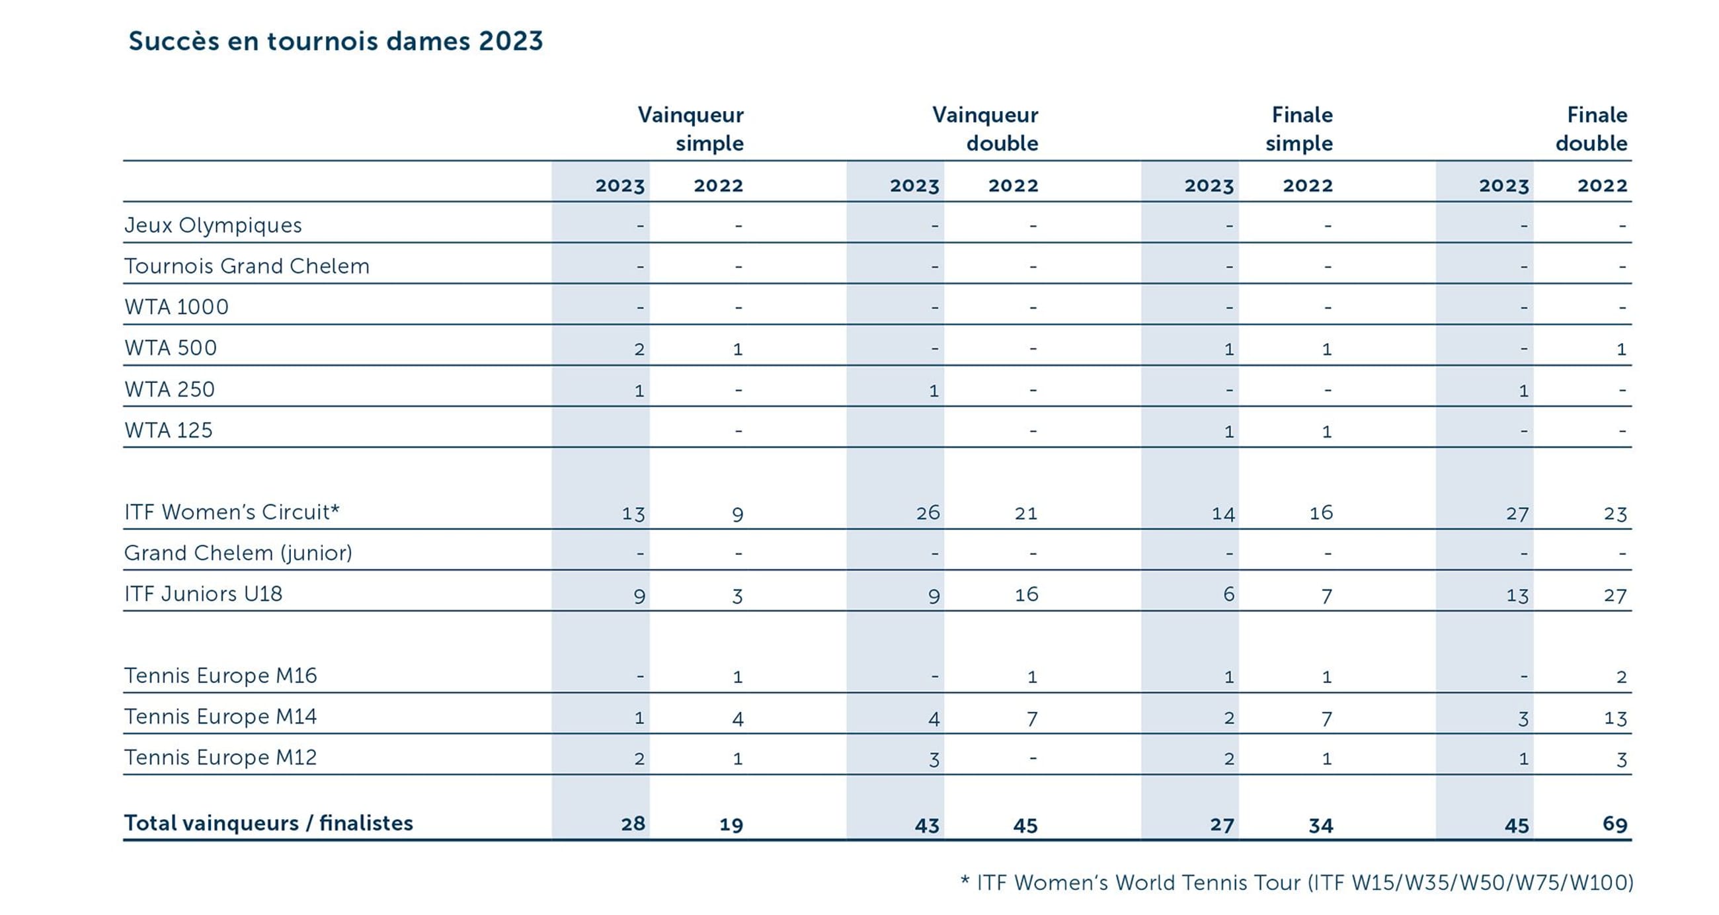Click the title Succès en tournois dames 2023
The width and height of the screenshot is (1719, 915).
(336, 42)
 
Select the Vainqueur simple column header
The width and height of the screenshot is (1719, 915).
(691, 129)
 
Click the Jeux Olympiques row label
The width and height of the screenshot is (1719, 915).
(213, 225)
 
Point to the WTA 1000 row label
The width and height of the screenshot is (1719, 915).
(176, 307)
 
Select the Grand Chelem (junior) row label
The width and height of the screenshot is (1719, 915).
(238, 553)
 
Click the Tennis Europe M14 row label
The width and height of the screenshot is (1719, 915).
(220, 717)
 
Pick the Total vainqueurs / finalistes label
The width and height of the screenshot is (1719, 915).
(268, 824)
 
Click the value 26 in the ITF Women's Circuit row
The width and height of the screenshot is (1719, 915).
(928, 512)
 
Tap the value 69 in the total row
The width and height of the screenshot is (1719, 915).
(1615, 824)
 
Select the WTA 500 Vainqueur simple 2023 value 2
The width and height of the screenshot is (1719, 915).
(639, 349)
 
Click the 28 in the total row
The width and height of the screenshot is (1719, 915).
(633, 824)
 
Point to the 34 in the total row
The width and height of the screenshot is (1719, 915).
(1320, 826)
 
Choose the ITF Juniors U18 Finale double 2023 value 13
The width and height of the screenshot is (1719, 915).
(1517, 595)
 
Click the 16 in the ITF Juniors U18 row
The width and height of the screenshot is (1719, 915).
(1026, 594)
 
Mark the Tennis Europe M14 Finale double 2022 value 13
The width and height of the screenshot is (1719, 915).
(1615, 719)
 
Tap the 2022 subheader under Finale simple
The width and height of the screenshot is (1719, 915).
(1307, 186)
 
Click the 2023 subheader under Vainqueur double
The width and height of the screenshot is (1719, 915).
(914, 186)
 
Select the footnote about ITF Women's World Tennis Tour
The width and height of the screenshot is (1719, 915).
(1297, 883)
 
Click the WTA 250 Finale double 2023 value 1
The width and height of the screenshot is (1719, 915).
(1523, 391)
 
